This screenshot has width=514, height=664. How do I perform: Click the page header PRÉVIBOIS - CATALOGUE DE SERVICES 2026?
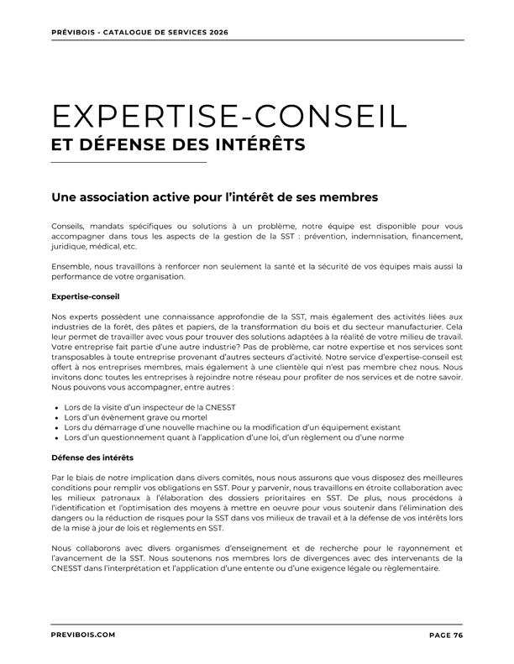click(139, 32)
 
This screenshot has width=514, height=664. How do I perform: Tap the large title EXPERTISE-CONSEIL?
click(229, 117)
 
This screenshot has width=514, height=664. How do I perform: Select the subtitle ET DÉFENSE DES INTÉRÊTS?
click(178, 144)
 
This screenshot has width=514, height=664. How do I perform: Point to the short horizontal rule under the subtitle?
click(128, 162)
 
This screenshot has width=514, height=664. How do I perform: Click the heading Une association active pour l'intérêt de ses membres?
click(215, 197)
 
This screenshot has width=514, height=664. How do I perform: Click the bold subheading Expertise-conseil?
click(86, 296)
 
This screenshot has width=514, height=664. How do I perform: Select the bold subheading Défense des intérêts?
click(92, 457)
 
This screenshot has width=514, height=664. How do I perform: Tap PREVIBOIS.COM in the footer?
click(83, 635)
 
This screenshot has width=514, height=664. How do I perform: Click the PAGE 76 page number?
click(446, 635)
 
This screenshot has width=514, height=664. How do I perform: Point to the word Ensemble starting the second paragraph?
click(70, 267)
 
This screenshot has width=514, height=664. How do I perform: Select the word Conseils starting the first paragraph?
click(68, 227)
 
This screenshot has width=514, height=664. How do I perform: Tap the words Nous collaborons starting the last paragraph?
click(82, 548)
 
